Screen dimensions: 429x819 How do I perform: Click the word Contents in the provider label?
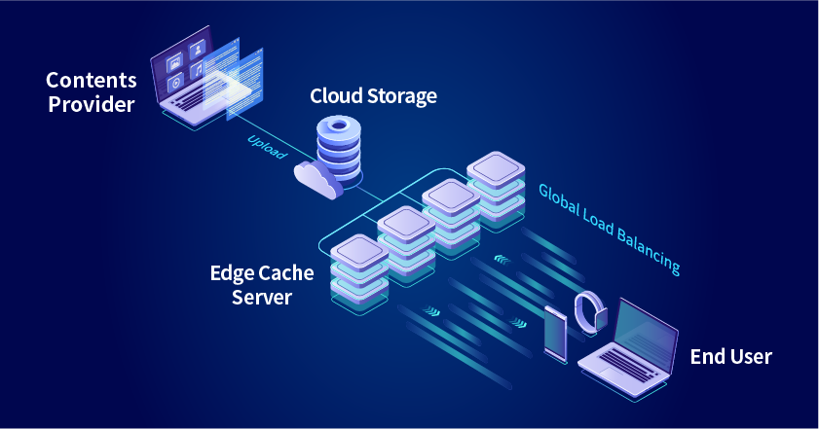91,79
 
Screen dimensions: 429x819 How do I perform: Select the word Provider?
91,104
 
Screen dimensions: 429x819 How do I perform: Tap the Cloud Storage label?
373,96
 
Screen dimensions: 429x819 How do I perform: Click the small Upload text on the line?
266,147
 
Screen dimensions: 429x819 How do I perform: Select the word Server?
262,298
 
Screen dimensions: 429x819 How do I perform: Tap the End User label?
730,357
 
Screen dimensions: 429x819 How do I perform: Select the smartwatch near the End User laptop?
590,312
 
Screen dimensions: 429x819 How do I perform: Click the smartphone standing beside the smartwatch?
556,334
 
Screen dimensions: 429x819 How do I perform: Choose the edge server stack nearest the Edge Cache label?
360,273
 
